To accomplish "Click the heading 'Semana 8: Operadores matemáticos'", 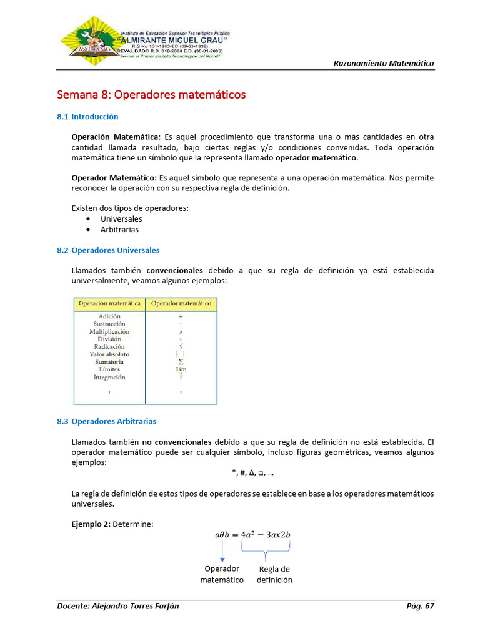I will (x=151, y=95).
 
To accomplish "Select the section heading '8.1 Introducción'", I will (x=87, y=117).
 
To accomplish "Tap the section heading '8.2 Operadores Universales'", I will (x=108, y=250).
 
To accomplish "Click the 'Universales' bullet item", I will (x=121, y=219).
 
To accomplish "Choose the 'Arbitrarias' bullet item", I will (x=119, y=230).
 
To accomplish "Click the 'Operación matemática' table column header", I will (x=109, y=304).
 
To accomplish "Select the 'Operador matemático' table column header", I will (x=181, y=304).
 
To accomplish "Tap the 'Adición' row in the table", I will (x=109, y=316).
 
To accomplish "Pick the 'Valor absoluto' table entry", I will (x=109, y=354).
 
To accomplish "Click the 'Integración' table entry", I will (x=109, y=377).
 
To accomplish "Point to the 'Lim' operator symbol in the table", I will (x=181, y=369).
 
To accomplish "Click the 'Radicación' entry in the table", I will (x=109, y=346).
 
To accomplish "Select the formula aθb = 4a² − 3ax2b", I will (x=252, y=534).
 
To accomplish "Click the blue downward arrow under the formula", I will (x=222, y=552).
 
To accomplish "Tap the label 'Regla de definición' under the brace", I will (x=274, y=574).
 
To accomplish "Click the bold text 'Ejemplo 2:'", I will (x=91, y=524).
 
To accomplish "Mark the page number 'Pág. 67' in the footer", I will (x=420, y=606).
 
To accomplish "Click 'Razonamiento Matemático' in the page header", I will (x=384, y=63).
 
